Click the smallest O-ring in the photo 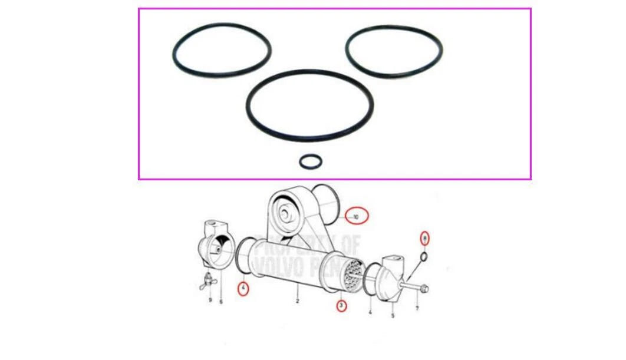tap(311, 161)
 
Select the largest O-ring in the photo tap(309, 105)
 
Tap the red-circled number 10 tap(356, 216)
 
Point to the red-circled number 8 tap(424, 238)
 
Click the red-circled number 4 tap(243, 289)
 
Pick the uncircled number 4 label tap(370, 312)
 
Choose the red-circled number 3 tap(341, 305)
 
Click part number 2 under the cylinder tap(298, 301)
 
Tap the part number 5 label tap(393, 315)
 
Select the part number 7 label tap(417, 309)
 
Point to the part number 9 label tap(210, 300)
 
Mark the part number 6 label tap(221, 302)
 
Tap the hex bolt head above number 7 tap(425, 288)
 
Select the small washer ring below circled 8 tap(424, 257)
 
